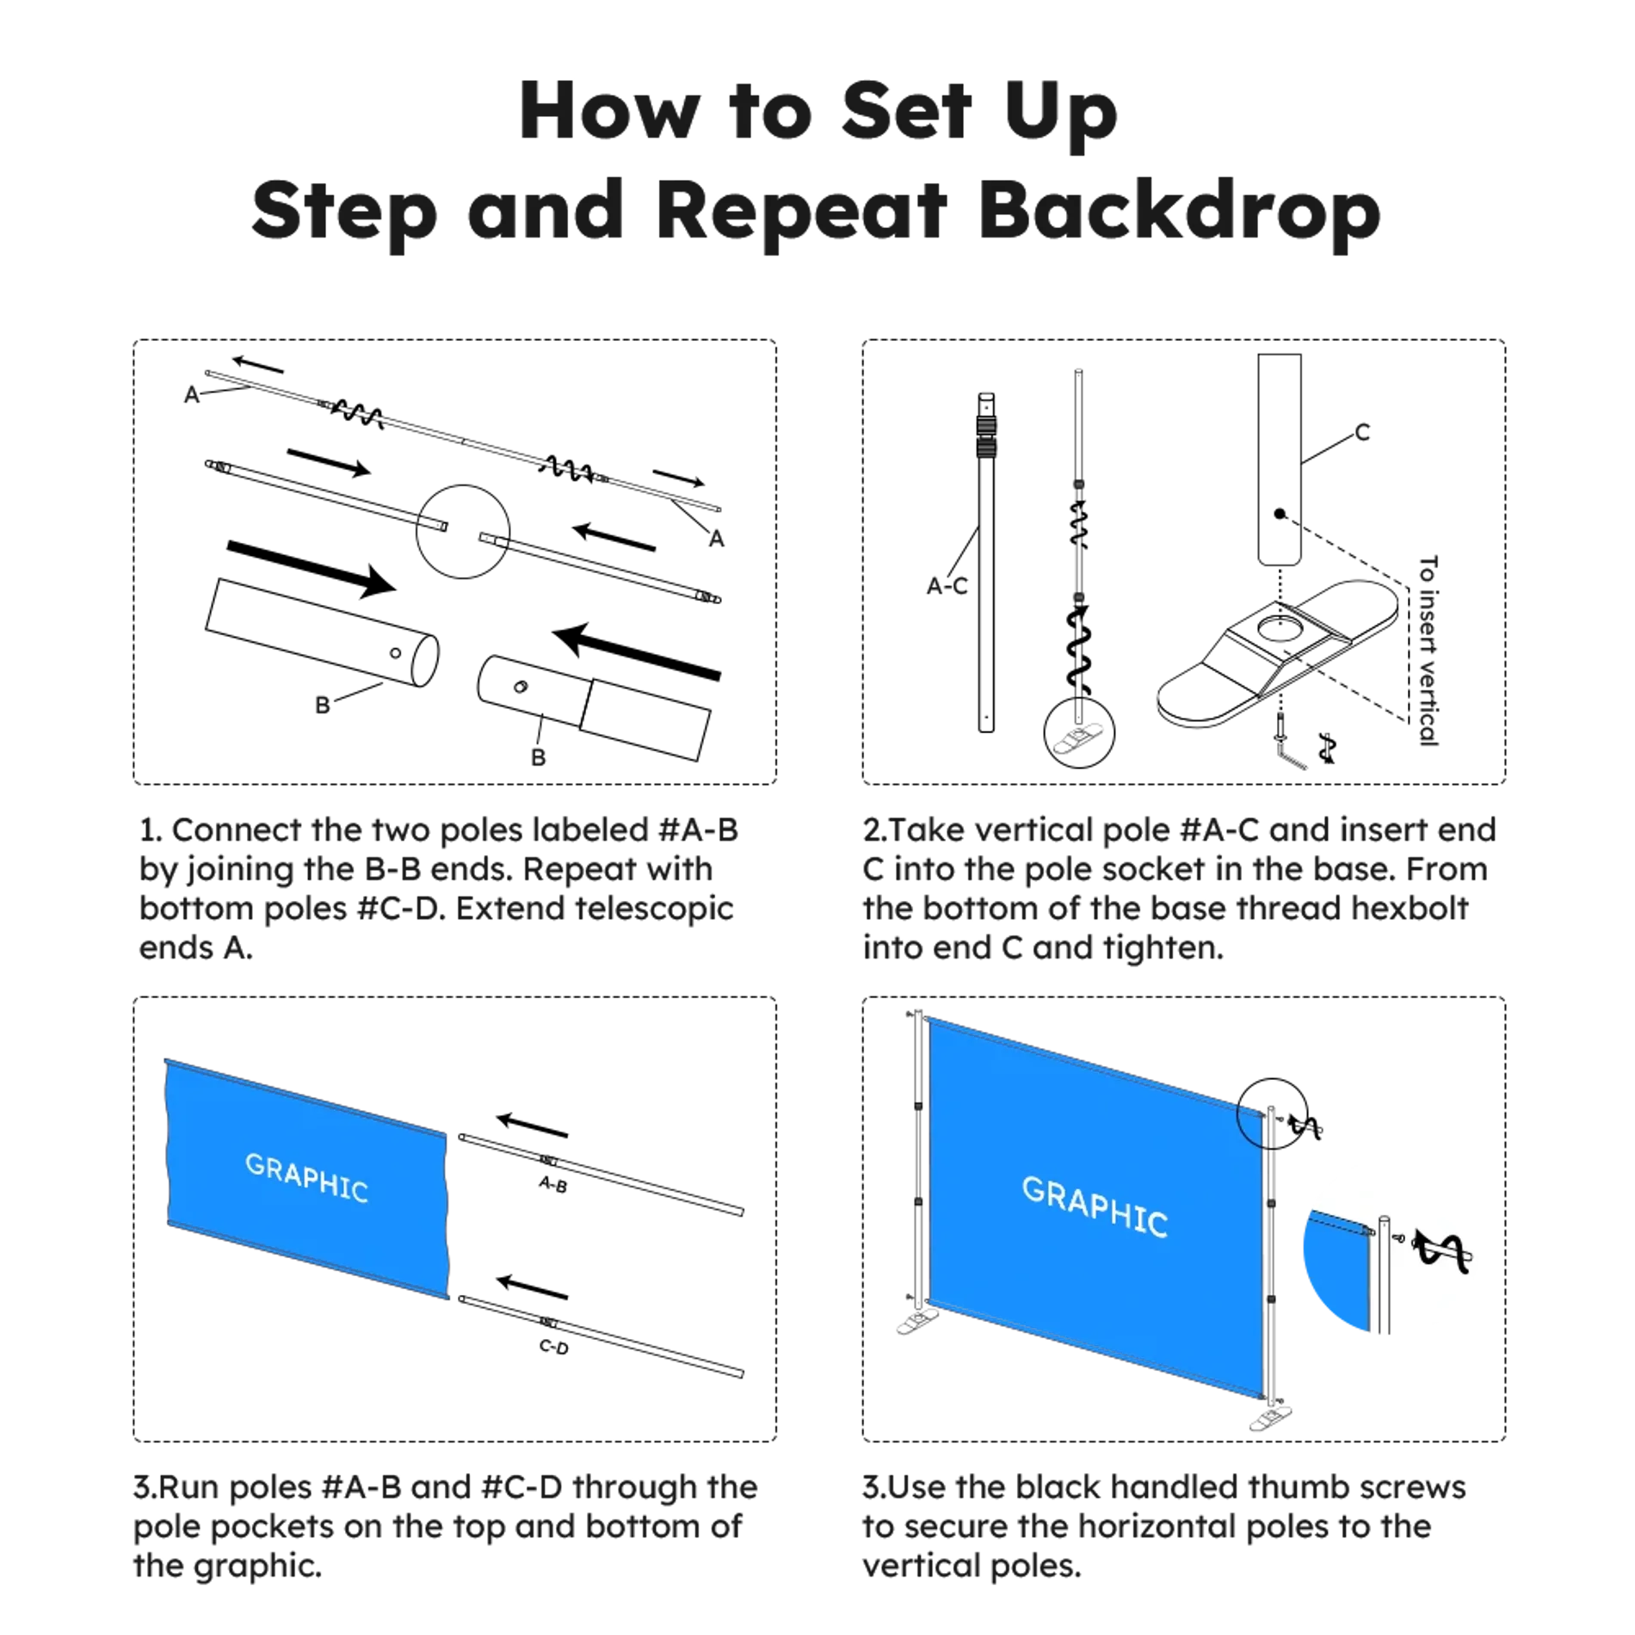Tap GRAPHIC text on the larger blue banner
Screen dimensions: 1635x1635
pyautogui.click(x=1094, y=1206)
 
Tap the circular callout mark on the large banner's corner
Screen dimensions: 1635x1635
pyautogui.click(x=1251, y=1127)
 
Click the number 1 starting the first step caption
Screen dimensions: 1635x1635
pyautogui.click(x=147, y=830)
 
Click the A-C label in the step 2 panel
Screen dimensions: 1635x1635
pyautogui.click(x=947, y=588)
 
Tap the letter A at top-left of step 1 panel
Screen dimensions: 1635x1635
pyautogui.click(x=192, y=394)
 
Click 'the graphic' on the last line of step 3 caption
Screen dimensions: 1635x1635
pyautogui.click(x=227, y=1568)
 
